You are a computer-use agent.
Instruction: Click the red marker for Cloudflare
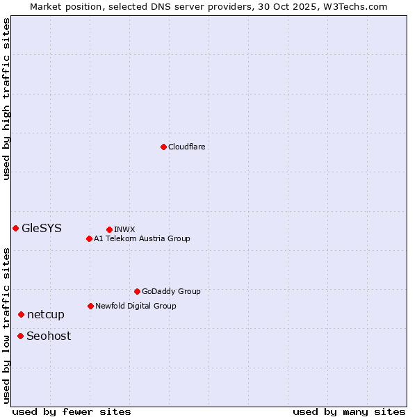pyautogui.click(x=163, y=147)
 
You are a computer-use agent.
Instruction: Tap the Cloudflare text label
pyautogui.click(x=187, y=147)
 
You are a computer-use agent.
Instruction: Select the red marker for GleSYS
pyautogui.click(x=15, y=228)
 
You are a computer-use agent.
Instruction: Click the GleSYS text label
pyautogui.click(x=42, y=228)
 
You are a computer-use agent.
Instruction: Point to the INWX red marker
pyautogui.click(x=109, y=229)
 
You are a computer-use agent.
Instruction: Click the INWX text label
pyautogui.click(x=124, y=229)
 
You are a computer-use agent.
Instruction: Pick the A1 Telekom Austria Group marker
pyautogui.click(x=89, y=238)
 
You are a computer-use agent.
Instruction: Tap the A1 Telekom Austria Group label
pyautogui.click(x=142, y=238)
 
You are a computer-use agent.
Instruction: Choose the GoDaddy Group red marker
pyautogui.click(x=137, y=291)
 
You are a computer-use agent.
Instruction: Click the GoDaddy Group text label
pyautogui.click(x=171, y=291)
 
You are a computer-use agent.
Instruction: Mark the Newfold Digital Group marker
pyautogui.click(x=90, y=306)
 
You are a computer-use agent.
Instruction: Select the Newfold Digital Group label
pyautogui.click(x=136, y=306)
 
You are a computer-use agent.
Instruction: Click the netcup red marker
pyautogui.click(x=21, y=314)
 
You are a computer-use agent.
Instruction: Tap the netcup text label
pyautogui.click(x=46, y=314)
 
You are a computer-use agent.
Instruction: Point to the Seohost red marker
pyautogui.click(x=20, y=336)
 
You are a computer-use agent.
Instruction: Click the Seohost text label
pyautogui.click(x=49, y=336)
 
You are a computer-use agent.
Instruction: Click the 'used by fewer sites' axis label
pyautogui.click(x=72, y=411)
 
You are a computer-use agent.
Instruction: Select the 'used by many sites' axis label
pyautogui.click(x=349, y=411)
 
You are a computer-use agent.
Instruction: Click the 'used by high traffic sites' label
pyautogui.click(x=6, y=99)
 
